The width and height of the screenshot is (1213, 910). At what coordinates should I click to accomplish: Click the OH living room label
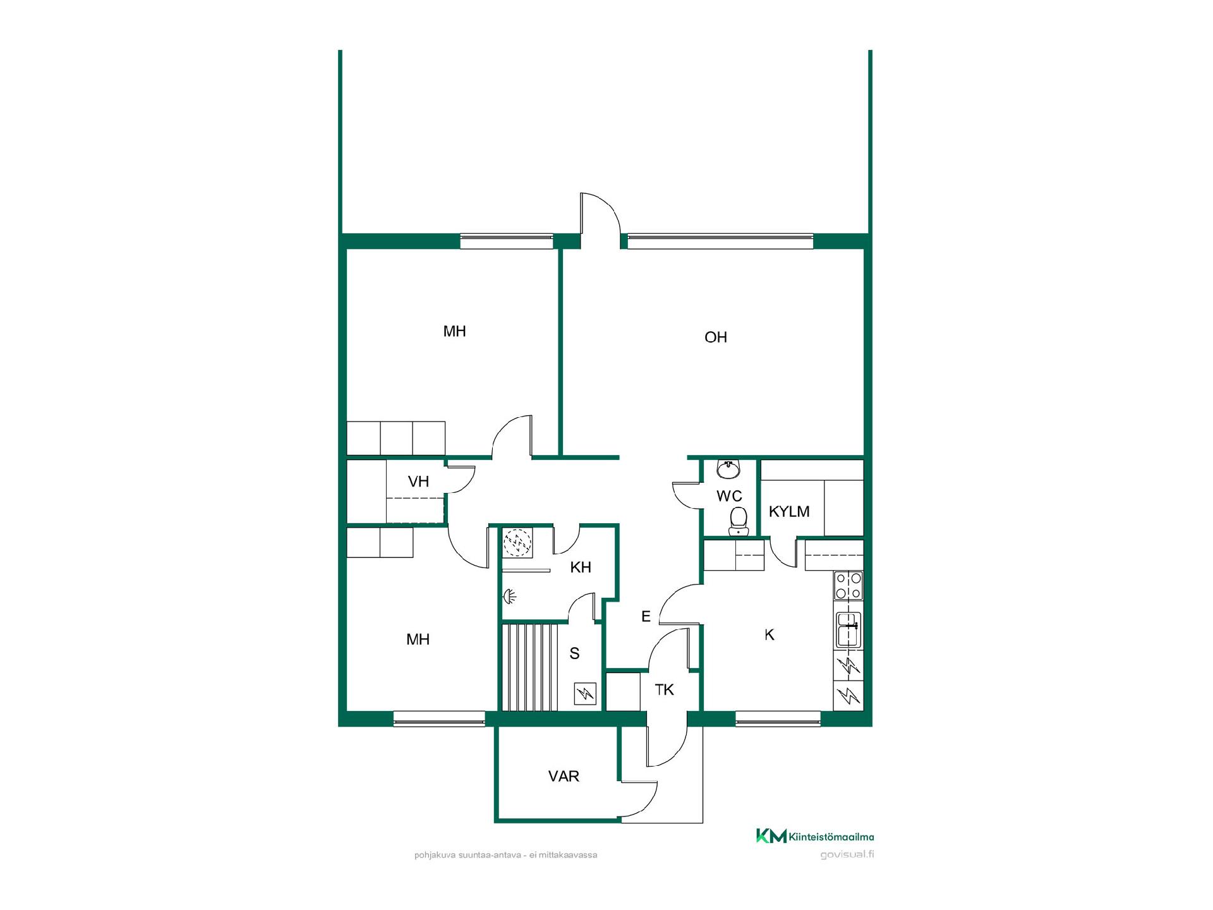point(716,337)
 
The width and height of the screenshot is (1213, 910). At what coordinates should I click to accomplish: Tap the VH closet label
point(418,482)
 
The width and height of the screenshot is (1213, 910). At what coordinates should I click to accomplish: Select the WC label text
point(729,496)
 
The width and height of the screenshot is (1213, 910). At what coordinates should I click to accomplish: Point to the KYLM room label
point(789,511)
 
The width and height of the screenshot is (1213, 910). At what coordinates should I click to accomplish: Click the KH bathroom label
point(581,567)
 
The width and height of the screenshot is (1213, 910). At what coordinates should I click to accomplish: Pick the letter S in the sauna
point(574,653)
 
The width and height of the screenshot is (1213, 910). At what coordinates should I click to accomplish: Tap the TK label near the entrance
point(665,689)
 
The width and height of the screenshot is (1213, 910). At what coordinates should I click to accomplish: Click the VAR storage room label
point(564,776)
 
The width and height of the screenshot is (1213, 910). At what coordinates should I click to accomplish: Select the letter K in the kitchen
point(769,635)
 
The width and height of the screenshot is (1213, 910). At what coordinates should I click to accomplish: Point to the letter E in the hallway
point(646,616)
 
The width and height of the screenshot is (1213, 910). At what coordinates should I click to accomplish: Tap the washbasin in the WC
point(729,469)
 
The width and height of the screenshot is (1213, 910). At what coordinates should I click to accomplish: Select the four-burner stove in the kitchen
point(848,585)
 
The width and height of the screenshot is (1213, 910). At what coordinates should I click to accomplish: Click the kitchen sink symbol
point(848,629)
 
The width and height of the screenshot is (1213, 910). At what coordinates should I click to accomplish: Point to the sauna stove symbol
point(586,695)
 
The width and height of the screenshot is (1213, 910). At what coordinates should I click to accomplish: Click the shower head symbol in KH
point(510,596)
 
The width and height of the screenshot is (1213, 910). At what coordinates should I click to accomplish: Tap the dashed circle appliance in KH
point(517,542)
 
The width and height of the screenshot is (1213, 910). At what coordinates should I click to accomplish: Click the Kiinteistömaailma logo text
point(831,837)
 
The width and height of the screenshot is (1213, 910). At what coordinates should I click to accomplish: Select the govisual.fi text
point(847,855)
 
